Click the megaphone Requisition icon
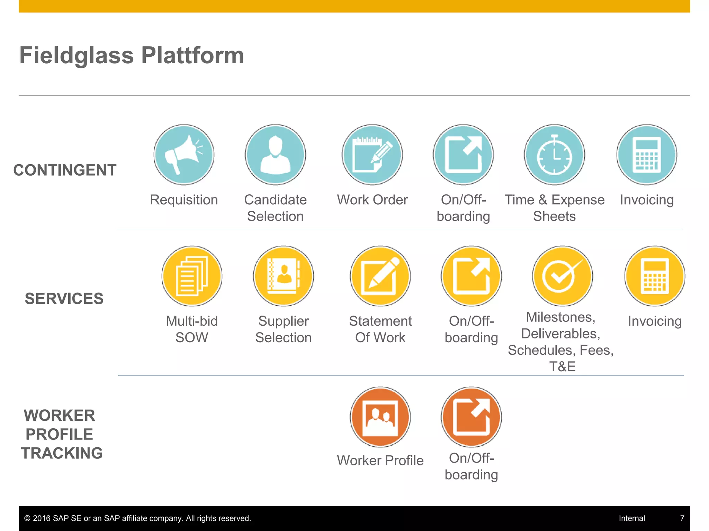[184, 155]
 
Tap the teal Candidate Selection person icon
[275, 155]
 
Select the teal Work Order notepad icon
[372, 155]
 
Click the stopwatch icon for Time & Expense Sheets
[554, 155]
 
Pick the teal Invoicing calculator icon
[646, 155]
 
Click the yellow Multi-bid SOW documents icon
[192, 276]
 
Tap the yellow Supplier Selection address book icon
[283, 276]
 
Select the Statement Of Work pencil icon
[380, 276]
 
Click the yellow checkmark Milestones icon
[562, 276]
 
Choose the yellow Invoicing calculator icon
[655, 276]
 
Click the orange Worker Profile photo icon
[380, 417]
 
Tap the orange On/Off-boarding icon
[471, 417]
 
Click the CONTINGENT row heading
[65, 170]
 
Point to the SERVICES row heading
[64, 299]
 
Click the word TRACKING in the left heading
[62, 453]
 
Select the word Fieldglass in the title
[77, 55]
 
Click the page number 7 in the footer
[682, 518]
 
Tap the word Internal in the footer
[632, 518]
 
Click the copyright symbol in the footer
[27, 518]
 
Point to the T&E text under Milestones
[562, 366]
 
